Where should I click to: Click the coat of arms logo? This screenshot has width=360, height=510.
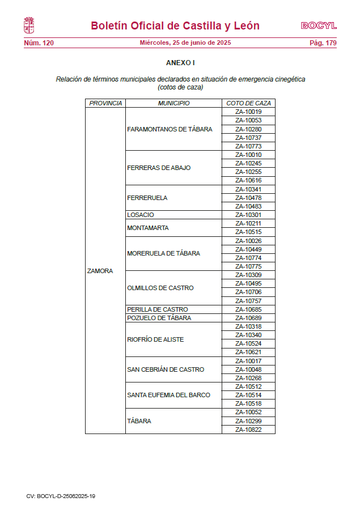click(x=29, y=25)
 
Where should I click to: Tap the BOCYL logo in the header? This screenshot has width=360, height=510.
click(x=319, y=25)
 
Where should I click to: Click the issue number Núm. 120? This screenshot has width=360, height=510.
click(x=39, y=43)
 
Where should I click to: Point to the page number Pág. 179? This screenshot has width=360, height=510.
click(x=323, y=43)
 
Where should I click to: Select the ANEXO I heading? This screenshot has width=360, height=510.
click(x=180, y=63)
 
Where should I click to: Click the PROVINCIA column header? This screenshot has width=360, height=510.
click(x=105, y=103)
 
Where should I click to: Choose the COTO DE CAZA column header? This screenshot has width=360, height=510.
click(x=248, y=103)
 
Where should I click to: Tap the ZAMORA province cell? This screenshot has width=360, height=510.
click(x=100, y=271)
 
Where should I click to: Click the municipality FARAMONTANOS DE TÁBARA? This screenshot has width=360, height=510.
click(x=170, y=129)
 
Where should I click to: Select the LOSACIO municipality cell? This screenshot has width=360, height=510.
click(x=141, y=215)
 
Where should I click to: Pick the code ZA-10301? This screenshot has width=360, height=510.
click(x=248, y=215)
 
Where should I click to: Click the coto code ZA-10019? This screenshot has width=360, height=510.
click(x=248, y=112)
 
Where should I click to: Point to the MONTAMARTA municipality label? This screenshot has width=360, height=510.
click(x=148, y=228)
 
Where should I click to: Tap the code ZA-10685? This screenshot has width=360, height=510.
click(x=248, y=309)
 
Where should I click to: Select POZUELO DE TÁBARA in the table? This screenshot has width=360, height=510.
click(x=159, y=318)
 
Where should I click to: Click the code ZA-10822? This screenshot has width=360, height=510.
click(x=248, y=430)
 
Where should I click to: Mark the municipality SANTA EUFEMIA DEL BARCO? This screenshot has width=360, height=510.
click(x=168, y=395)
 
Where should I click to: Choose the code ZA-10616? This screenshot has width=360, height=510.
click(x=248, y=180)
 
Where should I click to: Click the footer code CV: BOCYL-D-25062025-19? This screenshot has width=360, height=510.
click(x=61, y=496)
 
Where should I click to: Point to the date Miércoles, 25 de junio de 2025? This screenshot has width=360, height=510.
click(x=185, y=43)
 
